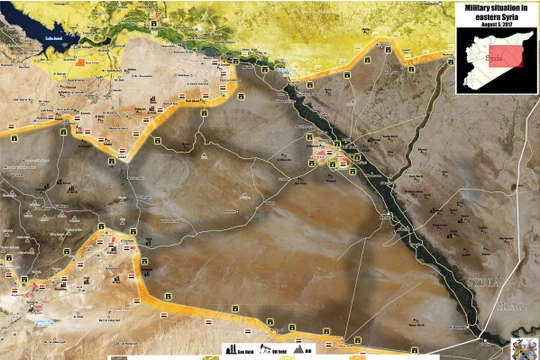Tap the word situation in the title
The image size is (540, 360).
(509, 6)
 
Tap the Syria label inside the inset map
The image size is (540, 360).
(491, 57)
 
